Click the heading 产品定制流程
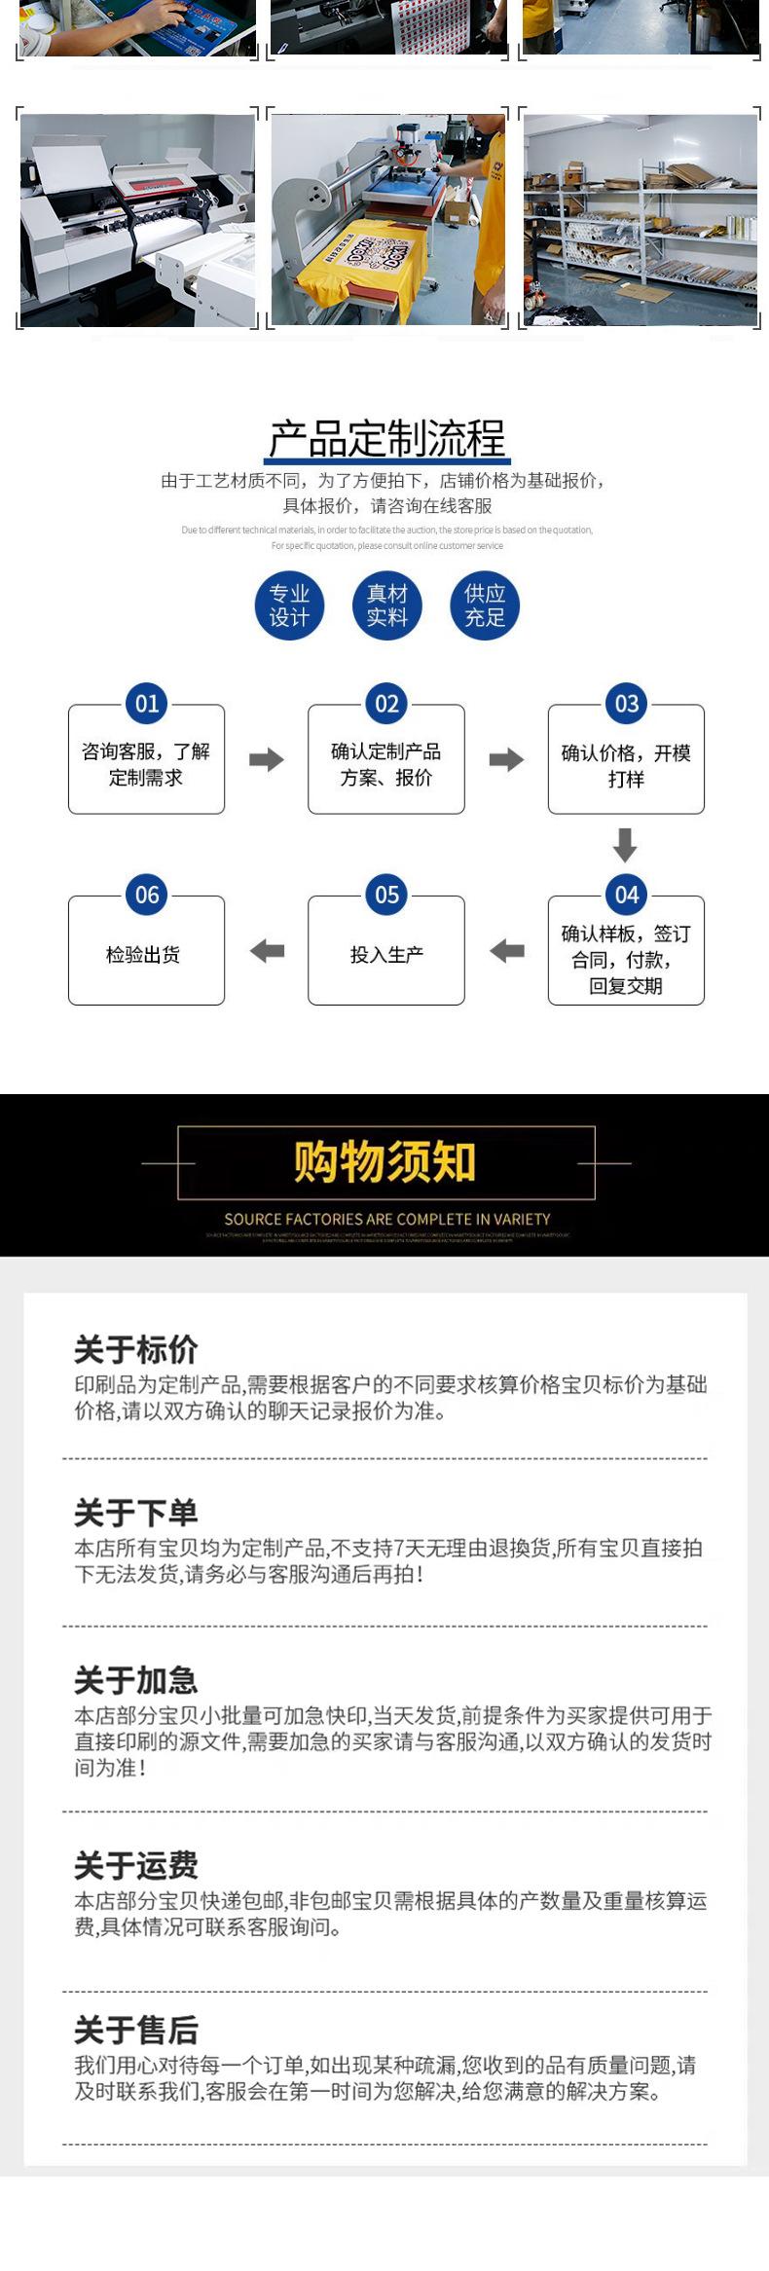click(x=386, y=439)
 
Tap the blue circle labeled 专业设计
click(x=289, y=605)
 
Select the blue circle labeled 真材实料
click(x=386, y=605)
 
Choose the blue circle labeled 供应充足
click(x=485, y=605)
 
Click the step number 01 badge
click(x=147, y=704)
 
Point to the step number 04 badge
click(x=626, y=895)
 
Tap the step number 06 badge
click(x=147, y=895)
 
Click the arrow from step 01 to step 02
click(x=266, y=760)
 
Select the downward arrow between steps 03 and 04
click(x=625, y=845)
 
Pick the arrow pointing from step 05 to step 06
click(x=267, y=951)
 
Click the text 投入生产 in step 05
click(x=386, y=955)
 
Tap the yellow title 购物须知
click(x=384, y=1162)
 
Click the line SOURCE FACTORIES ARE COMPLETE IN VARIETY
click(x=386, y=1219)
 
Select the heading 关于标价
click(x=136, y=1349)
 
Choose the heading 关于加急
click(x=136, y=1679)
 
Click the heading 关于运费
click(x=136, y=1865)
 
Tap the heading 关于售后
click(x=136, y=2030)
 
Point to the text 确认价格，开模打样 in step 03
click(x=626, y=766)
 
